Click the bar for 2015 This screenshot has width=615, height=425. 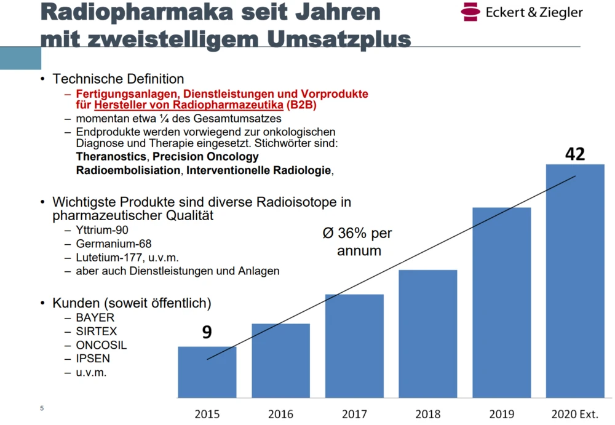(207, 373)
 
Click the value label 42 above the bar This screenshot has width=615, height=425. (575, 154)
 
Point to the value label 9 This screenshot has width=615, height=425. (207, 333)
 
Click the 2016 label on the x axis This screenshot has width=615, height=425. (280, 414)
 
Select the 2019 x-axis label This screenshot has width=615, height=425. (501, 414)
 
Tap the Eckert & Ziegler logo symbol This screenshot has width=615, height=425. (470, 11)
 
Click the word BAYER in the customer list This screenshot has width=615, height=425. (95, 318)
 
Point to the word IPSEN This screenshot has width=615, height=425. (93, 359)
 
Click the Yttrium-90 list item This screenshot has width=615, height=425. (102, 231)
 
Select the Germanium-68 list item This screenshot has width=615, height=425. (113, 244)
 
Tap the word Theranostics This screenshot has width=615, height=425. (111, 157)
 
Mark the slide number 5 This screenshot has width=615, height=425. (42, 408)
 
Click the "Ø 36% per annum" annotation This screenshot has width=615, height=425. (359, 242)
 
